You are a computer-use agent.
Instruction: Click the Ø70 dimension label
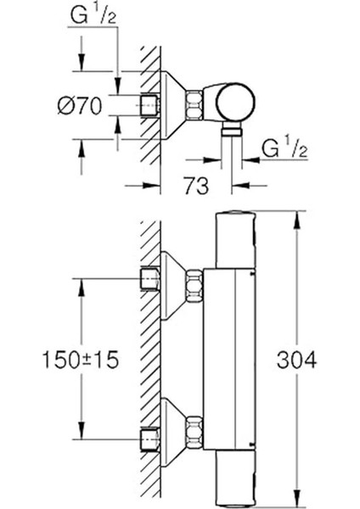tap(80, 106)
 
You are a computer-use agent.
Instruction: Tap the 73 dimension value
tap(196, 186)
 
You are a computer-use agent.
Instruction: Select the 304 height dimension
tap(296, 360)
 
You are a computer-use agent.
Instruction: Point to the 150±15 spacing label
tap(81, 360)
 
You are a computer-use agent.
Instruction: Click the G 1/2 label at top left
tap(93, 16)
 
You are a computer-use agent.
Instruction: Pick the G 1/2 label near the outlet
tap(284, 149)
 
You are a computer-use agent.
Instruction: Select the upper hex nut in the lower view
tap(194, 286)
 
